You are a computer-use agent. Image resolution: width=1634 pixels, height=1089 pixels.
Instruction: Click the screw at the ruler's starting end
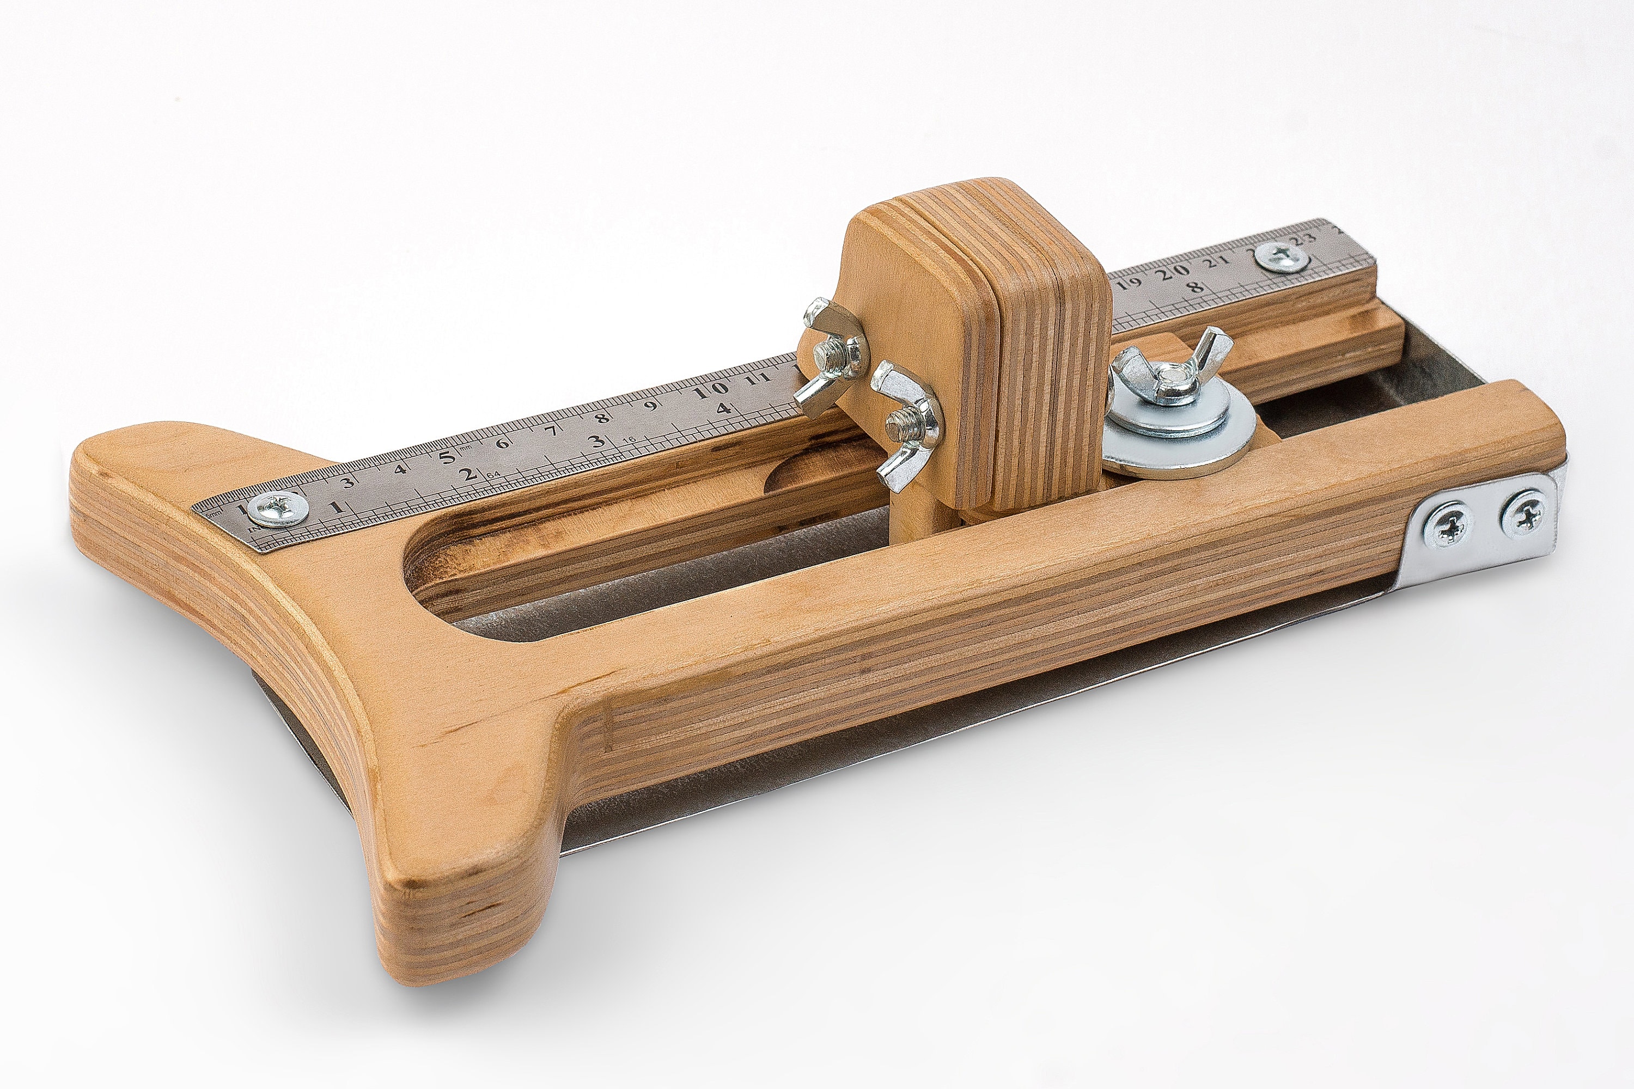tap(278, 509)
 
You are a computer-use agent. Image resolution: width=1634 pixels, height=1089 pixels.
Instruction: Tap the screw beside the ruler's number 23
tap(1283, 258)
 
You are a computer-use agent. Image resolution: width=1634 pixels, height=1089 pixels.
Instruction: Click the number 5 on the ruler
tap(446, 457)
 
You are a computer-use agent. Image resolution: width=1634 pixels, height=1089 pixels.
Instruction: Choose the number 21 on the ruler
tap(1216, 262)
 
